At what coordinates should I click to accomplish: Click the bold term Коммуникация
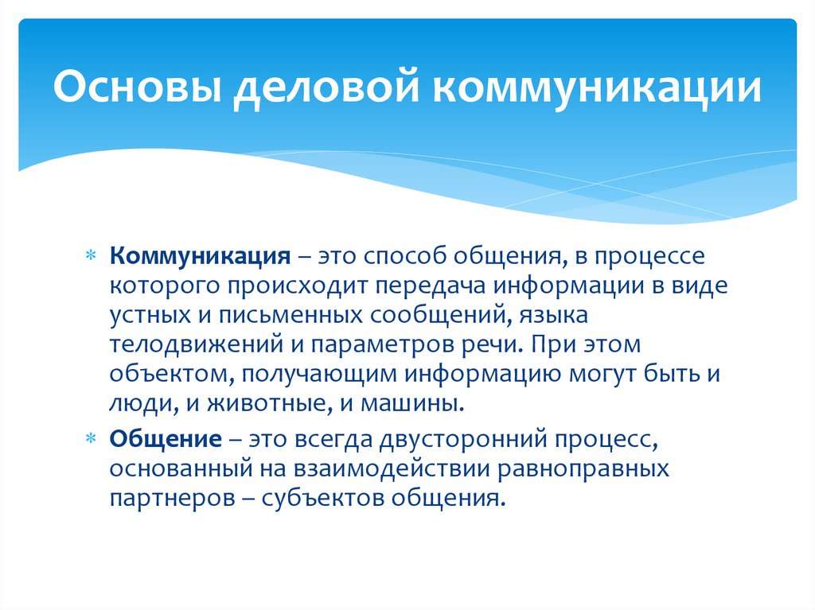[x=199, y=258]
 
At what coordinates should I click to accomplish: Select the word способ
[x=404, y=258]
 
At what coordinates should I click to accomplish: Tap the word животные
[x=263, y=402]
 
